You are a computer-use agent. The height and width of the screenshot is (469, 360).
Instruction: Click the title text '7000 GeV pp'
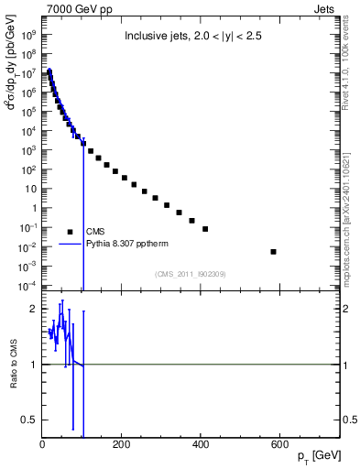[74, 9]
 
